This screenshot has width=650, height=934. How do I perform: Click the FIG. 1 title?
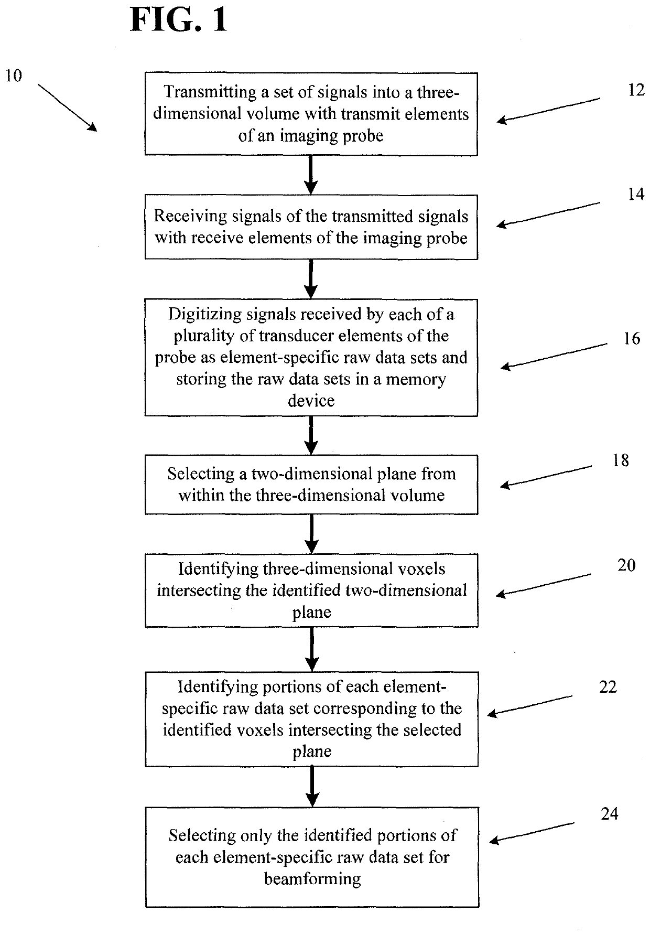179,21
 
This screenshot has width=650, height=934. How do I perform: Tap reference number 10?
14,76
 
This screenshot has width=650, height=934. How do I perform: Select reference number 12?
636,90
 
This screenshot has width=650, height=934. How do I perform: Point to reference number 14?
636,195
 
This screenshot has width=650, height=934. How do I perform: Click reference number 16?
632,339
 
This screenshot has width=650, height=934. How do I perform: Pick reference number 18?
621,460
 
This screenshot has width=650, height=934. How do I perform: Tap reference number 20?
626,565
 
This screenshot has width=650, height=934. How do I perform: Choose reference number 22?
608,687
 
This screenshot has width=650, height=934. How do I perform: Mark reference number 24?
610,814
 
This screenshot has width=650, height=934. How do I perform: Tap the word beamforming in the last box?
312,879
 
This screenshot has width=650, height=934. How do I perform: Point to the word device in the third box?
311,401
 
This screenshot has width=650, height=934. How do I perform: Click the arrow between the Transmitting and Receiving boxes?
311,175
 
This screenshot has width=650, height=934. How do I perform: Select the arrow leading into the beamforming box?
312,787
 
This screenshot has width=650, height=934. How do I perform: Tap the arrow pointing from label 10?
67,108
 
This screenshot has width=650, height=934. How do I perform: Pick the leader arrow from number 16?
554,356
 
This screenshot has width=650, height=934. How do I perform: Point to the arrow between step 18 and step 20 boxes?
312,534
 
